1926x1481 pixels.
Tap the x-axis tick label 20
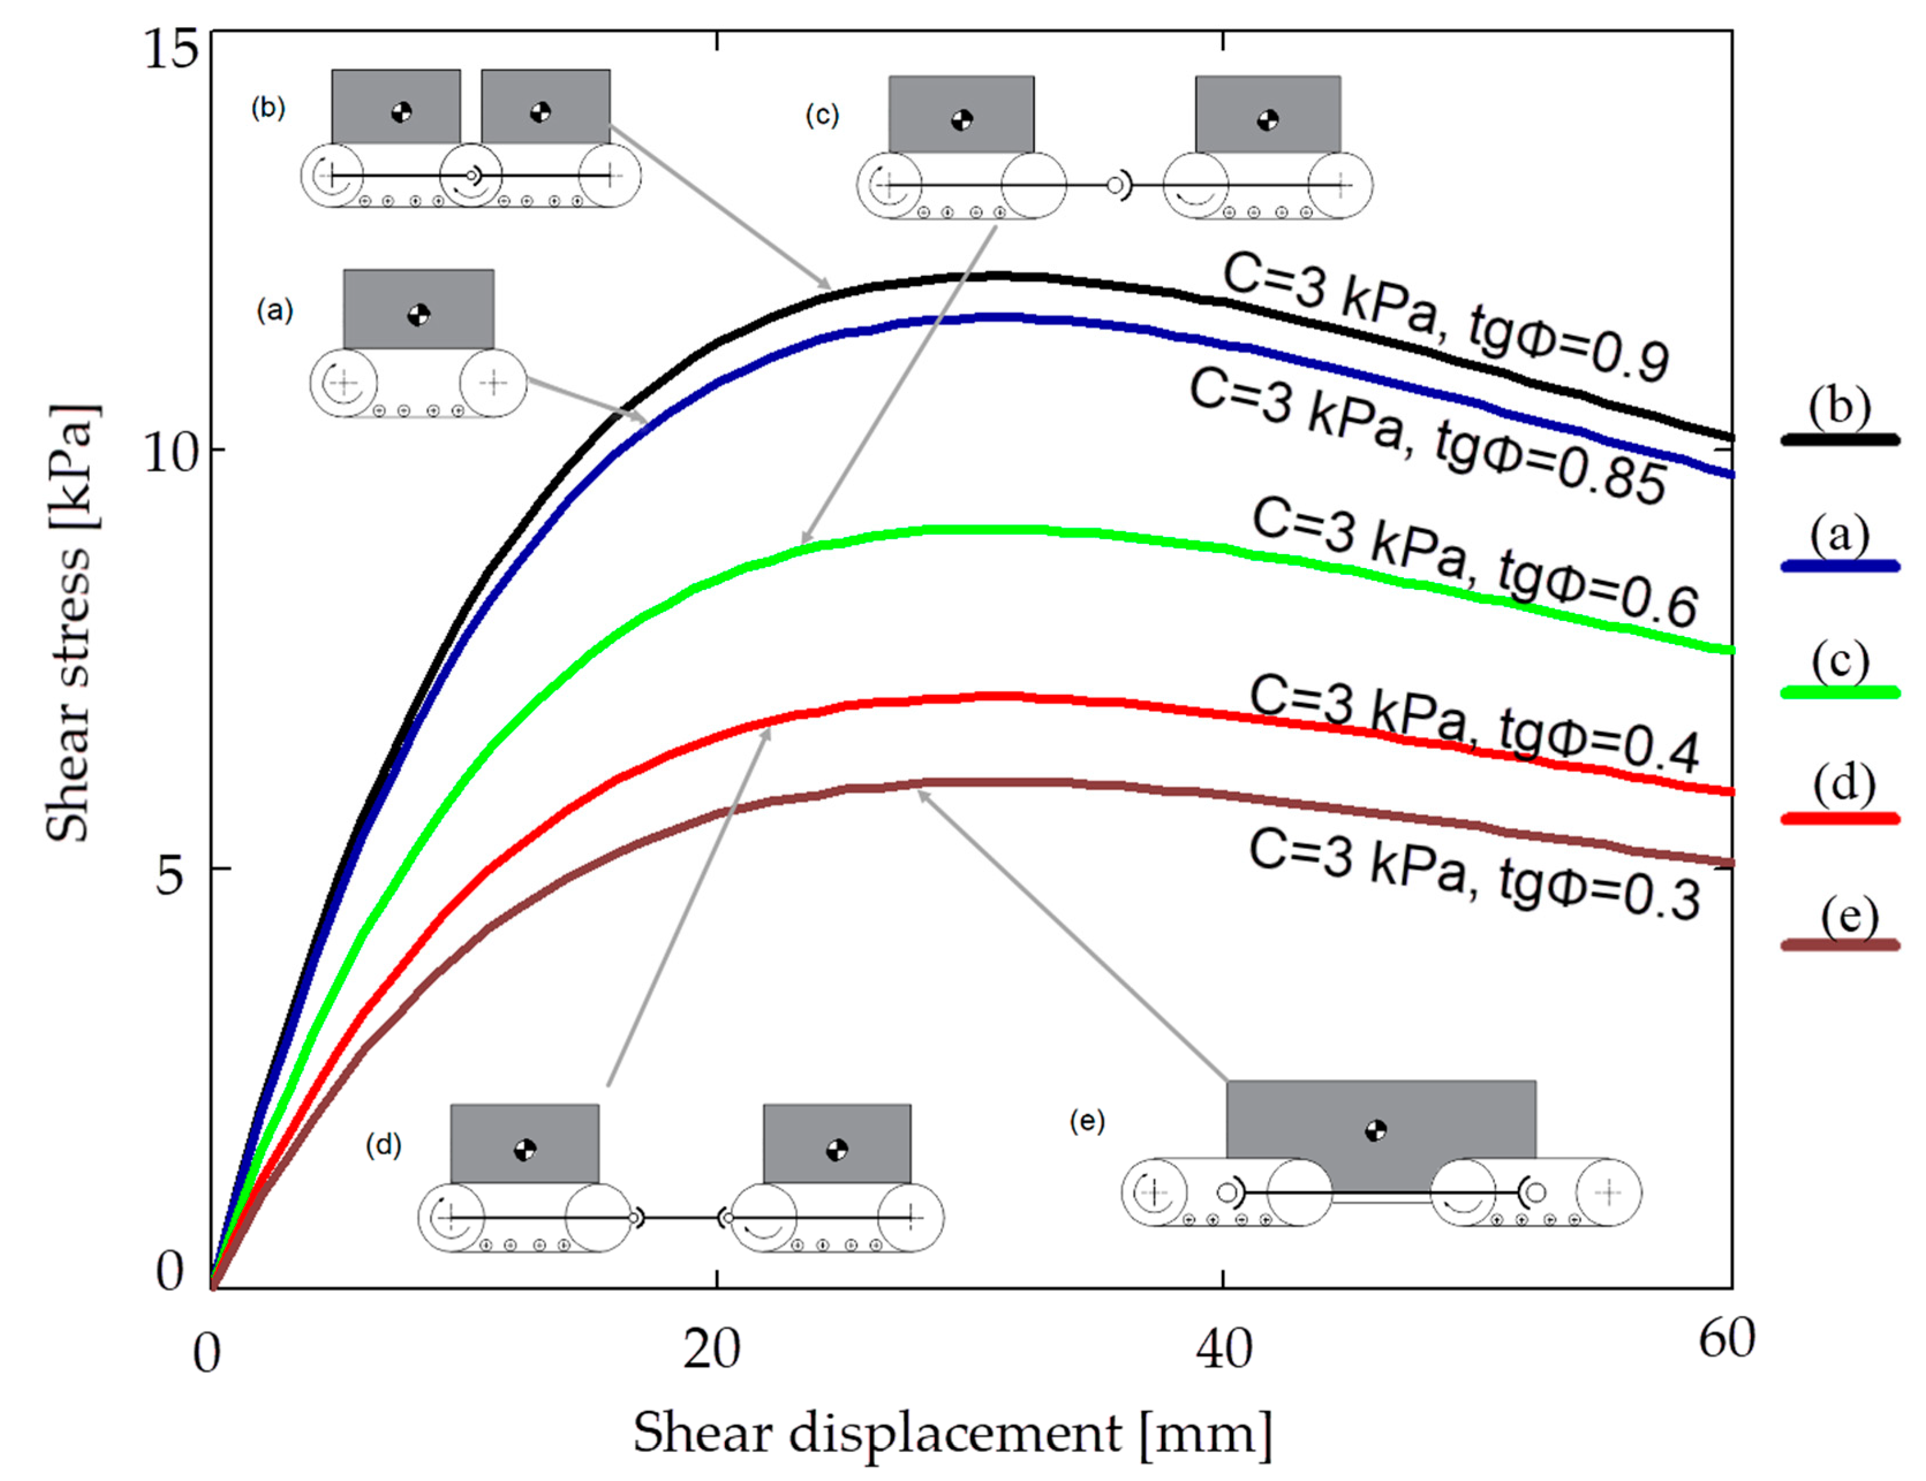(712, 1349)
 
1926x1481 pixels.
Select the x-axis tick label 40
(1224, 1349)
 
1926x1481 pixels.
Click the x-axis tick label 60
(1727, 1338)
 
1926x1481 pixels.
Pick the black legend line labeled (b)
(1840, 438)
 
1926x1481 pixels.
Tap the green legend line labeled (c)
(1840, 692)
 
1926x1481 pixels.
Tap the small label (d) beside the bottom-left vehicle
(384, 1145)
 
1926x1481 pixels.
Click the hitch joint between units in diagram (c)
(1116, 185)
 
